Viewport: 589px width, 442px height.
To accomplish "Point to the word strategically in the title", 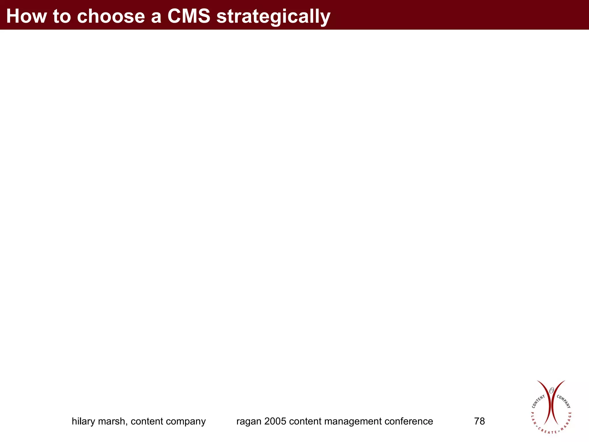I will (x=273, y=17).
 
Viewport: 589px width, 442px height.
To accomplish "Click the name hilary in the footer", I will (x=83, y=421).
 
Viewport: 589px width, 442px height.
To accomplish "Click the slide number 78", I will (x=479, y=421).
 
